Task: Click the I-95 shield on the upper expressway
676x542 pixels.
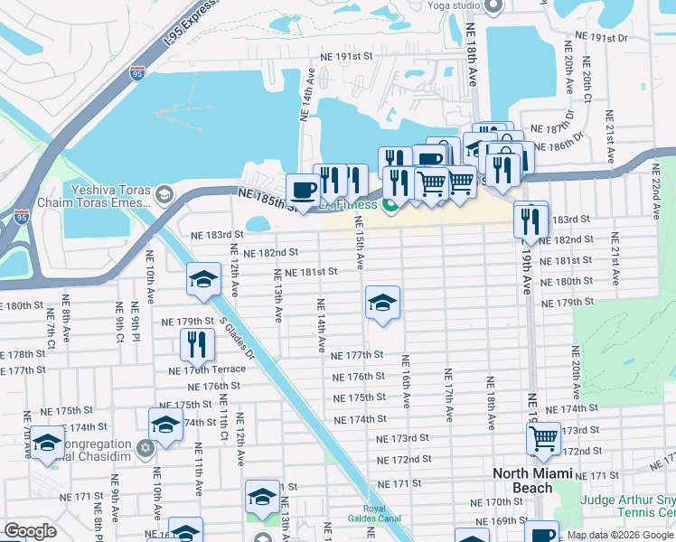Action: (136, 74)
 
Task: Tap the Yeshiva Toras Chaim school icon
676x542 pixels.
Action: (164, 195)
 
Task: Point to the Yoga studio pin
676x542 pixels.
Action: (493, 7)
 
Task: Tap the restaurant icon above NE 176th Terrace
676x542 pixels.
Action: (196, 344)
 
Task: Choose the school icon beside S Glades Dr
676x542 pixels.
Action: (204, 281)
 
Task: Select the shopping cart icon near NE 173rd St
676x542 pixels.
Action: (543, 440)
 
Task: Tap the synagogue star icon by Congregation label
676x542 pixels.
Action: (145, 449)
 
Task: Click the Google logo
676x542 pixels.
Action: (30, 531)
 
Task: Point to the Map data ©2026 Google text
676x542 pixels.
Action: (620, 535)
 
